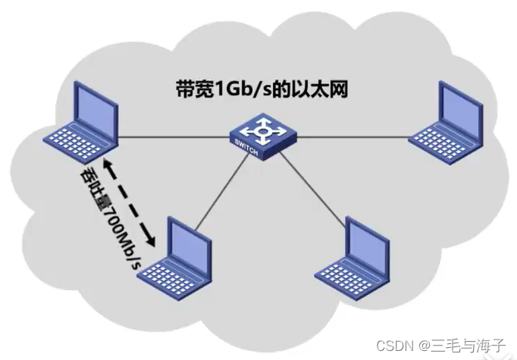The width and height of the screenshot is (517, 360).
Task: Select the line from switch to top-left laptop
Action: point(174,137)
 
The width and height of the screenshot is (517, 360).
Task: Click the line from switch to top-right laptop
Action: point(353,137)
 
